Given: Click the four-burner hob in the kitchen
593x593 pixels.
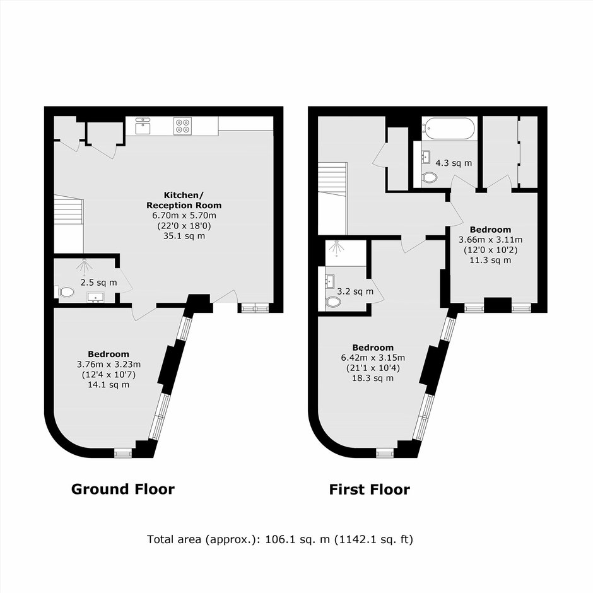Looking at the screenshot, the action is coord(182,126).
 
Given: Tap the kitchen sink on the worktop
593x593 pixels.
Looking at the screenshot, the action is coord(143,126).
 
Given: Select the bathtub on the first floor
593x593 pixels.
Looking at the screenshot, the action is coord(450,129).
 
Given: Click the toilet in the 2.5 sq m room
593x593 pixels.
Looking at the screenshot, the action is coord(66,292).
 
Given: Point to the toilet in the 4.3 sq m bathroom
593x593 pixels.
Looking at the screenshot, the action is coord(428,178).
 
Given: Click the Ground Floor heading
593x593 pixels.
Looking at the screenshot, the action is coord(123,489).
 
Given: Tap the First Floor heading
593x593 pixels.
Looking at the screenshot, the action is coord(370,490).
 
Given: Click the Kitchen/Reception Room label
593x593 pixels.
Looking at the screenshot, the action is coord(184,200).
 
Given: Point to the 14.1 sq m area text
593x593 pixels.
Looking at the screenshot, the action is coord(109,385).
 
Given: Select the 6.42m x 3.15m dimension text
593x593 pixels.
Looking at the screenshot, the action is coord(373,358).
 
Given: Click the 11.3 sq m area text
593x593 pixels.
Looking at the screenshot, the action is coord(491,260).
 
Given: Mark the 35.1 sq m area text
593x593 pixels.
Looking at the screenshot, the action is coord(184,236).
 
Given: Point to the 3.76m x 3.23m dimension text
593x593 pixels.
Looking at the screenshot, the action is coord(109,364).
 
